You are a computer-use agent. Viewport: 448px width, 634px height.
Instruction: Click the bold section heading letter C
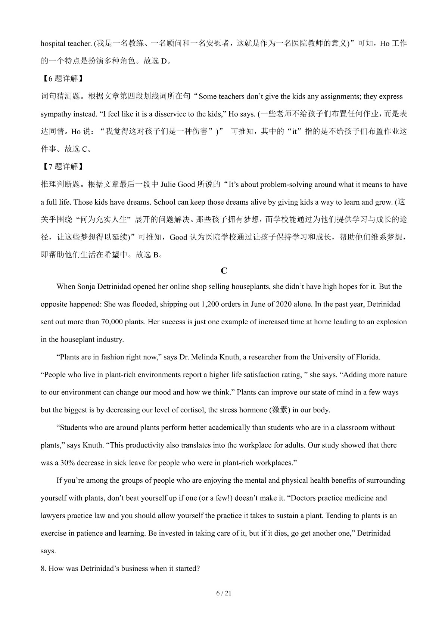[224, 271]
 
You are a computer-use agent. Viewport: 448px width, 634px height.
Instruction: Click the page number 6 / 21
[224, 593]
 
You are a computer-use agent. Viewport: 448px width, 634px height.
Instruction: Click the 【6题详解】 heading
[61, 78]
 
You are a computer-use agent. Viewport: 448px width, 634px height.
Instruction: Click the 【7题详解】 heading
[61, 167]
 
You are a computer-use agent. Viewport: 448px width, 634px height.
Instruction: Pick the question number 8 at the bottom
[43, 568]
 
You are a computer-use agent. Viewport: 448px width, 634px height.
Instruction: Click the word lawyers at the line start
[53, 516]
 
